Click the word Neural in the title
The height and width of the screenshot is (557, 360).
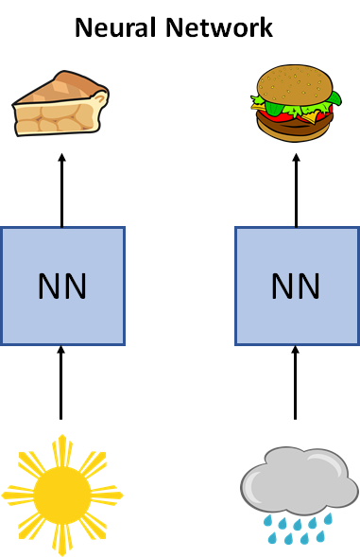coord(115,27)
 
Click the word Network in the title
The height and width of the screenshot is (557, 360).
coord(219,27)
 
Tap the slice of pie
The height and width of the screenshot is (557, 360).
coord(60,103)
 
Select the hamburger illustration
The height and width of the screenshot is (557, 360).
coord(296,103)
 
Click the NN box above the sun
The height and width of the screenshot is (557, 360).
coord(62,286)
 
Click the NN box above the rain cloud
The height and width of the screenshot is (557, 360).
coord(297,286)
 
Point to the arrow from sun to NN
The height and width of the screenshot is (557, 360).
coord(61,383)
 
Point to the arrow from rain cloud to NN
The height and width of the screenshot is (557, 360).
coord(296,383)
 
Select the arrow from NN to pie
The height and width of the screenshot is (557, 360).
coord(61,190)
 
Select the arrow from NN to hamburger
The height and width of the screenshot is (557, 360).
coord(296,190)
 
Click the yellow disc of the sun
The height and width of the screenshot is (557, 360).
coord(62,495)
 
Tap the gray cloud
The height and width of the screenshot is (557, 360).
coord(300,479)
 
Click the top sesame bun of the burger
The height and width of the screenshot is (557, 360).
coord(295,85)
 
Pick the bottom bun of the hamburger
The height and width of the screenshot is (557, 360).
coord(295,130)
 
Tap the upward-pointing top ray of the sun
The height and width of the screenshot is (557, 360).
coord(62,451)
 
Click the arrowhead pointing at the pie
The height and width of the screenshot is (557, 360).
coord(61,157)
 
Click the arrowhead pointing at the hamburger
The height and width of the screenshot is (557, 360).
coord(296,157)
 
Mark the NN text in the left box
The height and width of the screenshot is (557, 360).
coord(62,287)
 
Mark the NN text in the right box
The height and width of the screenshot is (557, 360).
coord(296,287)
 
